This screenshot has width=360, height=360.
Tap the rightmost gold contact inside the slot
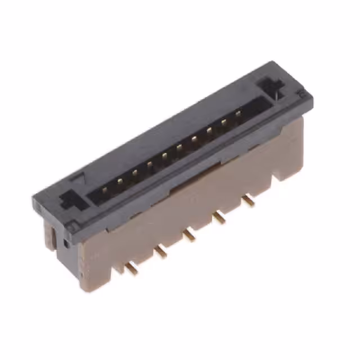(x=238, y=114)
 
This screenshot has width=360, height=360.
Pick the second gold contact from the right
(x=223, y=121)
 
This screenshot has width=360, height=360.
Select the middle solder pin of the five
(x=190, y=236)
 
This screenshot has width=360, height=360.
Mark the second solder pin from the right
(x=219, y=217)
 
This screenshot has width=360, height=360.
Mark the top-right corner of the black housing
(x=274, y=62)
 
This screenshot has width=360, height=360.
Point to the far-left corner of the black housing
(x=34, y=196)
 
